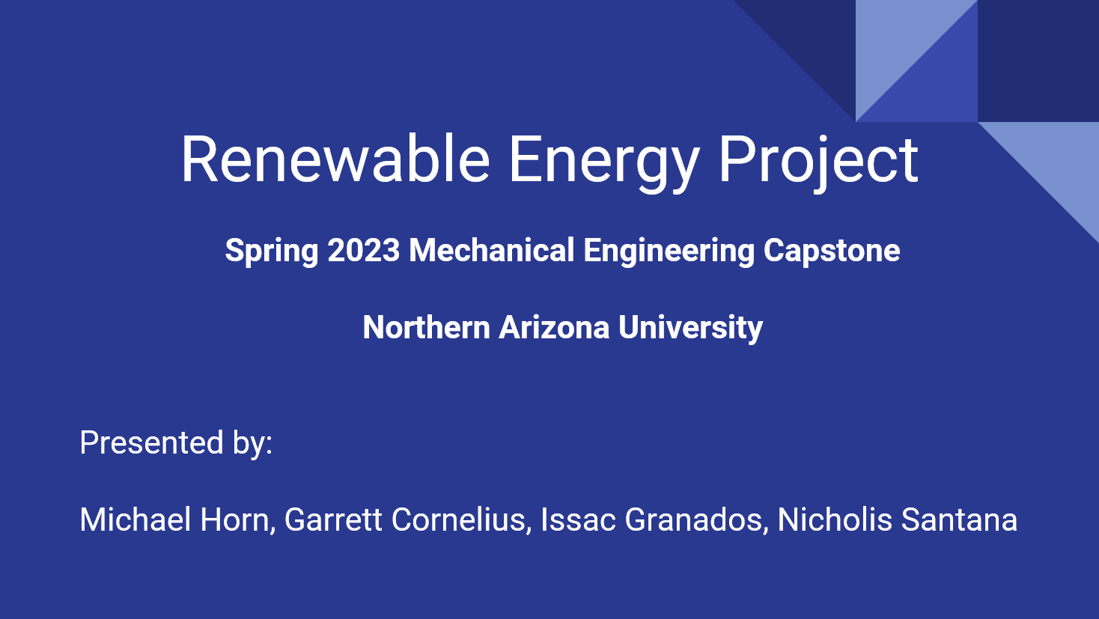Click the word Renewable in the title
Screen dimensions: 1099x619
coord(335,159)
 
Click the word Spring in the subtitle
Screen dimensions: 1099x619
coord(272,251)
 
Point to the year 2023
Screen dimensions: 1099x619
coord(364,250)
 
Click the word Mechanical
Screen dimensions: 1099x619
coord(492,250)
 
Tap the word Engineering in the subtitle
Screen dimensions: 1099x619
coord(669,251)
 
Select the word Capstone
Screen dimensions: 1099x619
coord(832,251)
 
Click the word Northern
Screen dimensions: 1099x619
coord(427,327)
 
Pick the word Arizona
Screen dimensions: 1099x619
coord(554,327)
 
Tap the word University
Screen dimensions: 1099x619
coord(690,329)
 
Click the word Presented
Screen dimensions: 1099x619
coord(152,442)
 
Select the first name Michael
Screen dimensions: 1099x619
coord(135,519)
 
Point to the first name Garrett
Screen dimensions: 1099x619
coord(333,519)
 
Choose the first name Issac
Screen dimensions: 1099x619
coord(578,519)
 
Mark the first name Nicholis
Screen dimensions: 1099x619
coord(835,519)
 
